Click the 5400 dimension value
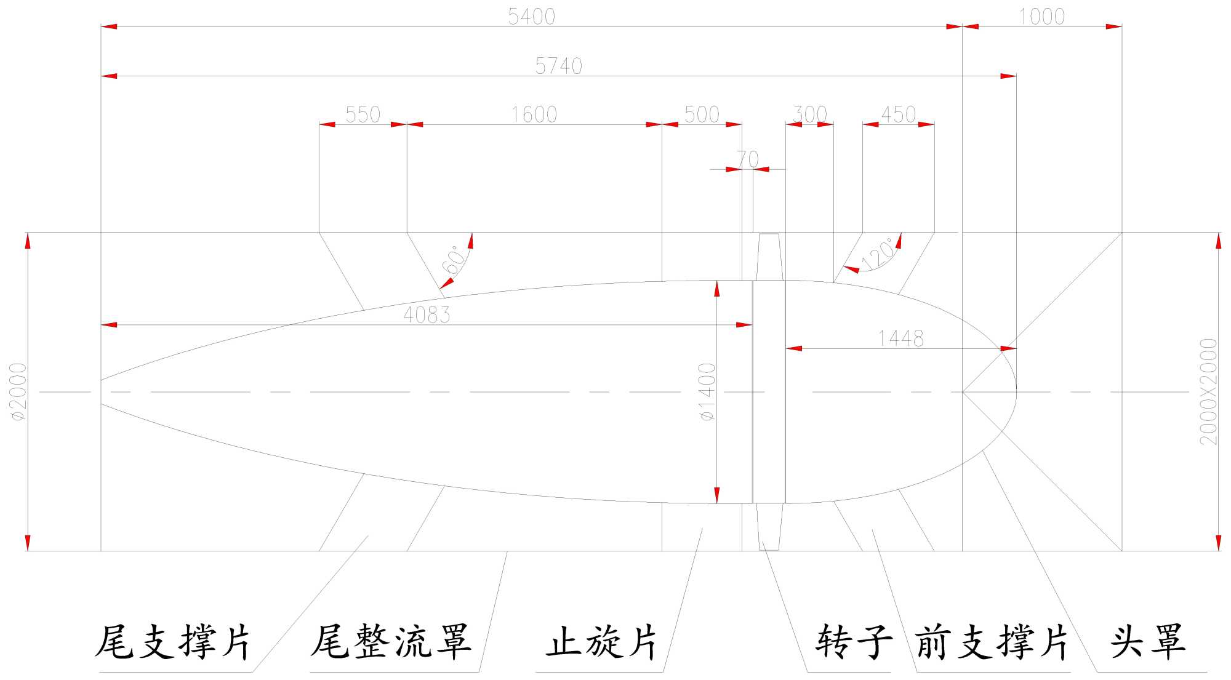[531, 17]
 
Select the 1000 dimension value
[1041, 17]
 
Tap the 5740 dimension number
[558, 66]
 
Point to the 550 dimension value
[363, 114]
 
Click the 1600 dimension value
[534, 114]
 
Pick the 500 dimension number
[702, 114]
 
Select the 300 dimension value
[809, 114]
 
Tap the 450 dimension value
[899, 114]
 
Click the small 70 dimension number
[747, 159]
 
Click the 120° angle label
[878, 253]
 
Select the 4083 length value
[427, 315]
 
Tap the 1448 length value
[900, 338]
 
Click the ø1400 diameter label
[708, 391]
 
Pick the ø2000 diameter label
[18, 391]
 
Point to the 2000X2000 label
[1209, 391]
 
